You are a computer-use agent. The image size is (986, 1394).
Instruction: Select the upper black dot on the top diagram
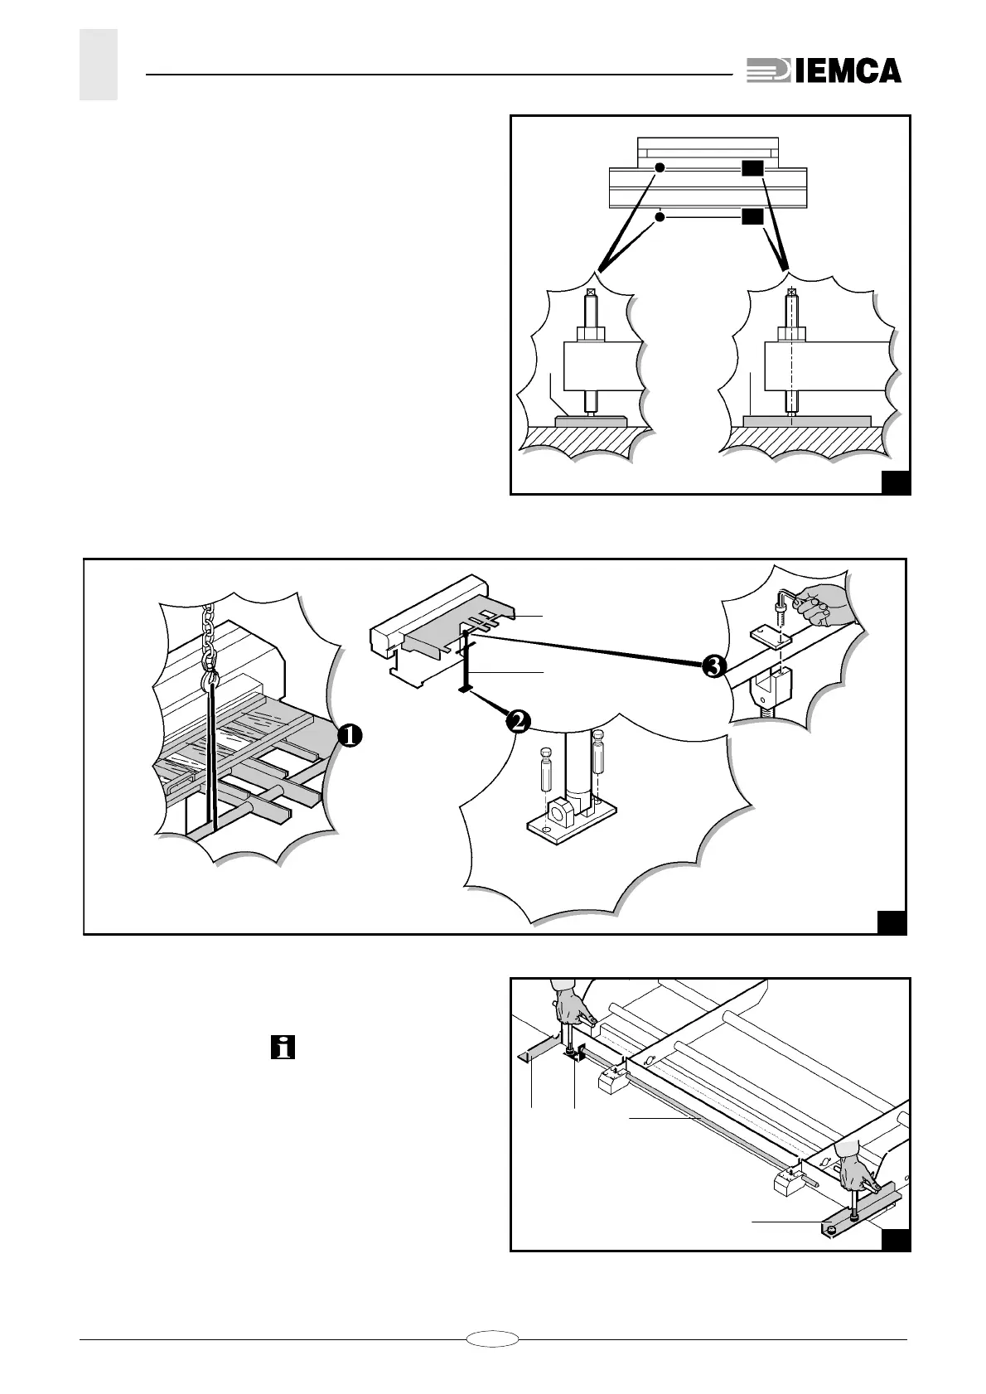[x=660, y=167]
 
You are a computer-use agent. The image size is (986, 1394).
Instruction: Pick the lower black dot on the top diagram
[x=660, y=217]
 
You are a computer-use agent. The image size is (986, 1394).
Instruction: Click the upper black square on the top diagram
[x=752, y=168]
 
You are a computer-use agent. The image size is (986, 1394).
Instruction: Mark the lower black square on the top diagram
[x=752, y=217]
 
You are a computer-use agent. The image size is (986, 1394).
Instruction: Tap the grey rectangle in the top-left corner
[x=99, y=65]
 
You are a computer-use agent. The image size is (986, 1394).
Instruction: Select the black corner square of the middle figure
[x=892, y=922]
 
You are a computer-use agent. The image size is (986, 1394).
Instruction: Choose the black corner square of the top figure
[x=896, y=482]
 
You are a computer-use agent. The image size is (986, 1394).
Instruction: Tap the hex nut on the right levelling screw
[x=792, y=334]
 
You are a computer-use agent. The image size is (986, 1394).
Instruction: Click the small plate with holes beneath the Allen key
[x=771, y=636]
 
